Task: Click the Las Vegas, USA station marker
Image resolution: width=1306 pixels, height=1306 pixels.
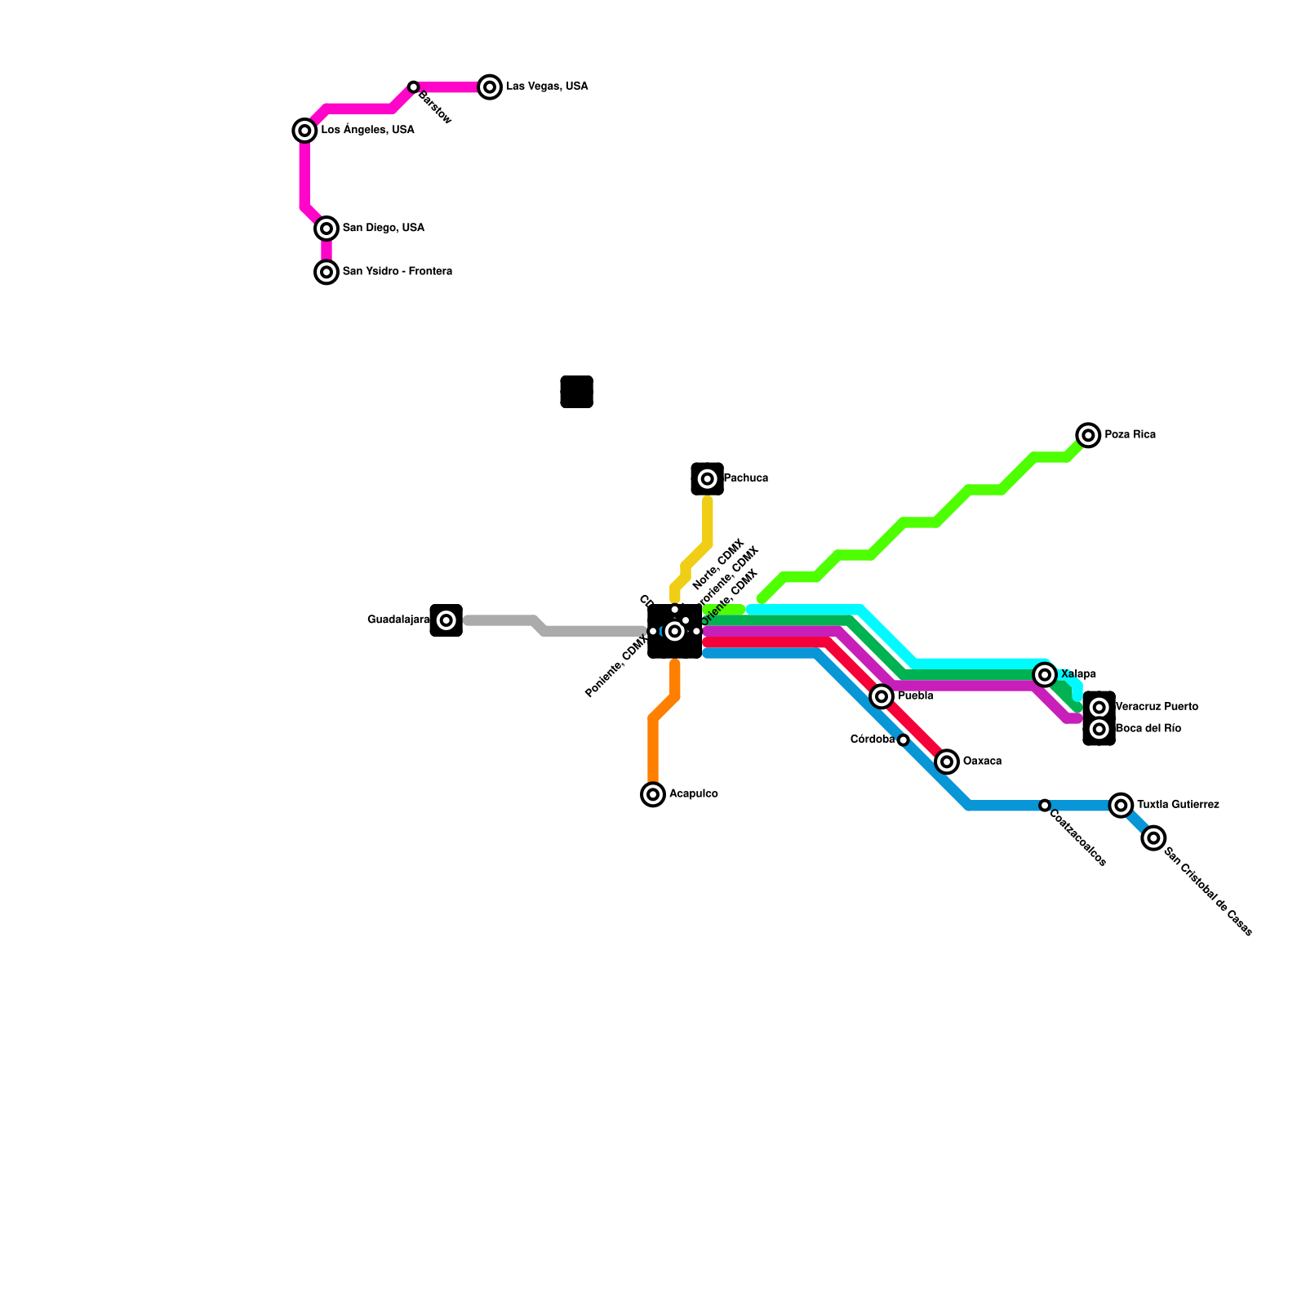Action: (490, 87)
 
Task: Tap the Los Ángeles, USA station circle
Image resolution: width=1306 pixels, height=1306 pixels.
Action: (304, 131)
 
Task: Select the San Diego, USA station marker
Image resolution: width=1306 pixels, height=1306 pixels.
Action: (326, 229)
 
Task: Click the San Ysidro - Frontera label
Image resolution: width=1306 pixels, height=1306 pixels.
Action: (397, 272)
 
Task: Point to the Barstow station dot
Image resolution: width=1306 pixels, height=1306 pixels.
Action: (414, 87)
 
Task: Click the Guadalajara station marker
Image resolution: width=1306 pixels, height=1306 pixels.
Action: (446, 620)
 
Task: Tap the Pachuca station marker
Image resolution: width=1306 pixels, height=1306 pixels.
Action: (708, 479)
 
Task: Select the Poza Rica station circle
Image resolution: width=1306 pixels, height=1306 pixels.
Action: (1088, 435)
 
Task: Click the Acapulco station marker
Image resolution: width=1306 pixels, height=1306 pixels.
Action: (653, 794)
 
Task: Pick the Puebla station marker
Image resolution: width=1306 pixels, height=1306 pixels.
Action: (882, 696)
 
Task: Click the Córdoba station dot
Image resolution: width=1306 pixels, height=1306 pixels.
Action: (904, 740)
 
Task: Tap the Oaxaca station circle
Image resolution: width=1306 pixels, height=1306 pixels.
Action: (947, 762)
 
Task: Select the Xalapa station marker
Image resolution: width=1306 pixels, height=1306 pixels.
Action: (1045, 674)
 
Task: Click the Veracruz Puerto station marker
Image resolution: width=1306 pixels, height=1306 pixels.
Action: (1099, 707)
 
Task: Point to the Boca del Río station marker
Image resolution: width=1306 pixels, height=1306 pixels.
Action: (1099, 729)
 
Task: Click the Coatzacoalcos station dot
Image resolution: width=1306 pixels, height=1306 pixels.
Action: (1045, 806)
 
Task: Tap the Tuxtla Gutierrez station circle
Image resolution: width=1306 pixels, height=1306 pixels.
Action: (1122, 806)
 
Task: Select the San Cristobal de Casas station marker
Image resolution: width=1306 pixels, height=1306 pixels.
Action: (1153, 838)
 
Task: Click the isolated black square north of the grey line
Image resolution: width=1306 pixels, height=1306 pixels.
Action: (576, 392)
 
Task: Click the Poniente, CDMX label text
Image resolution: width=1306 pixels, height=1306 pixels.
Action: (616, 669)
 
